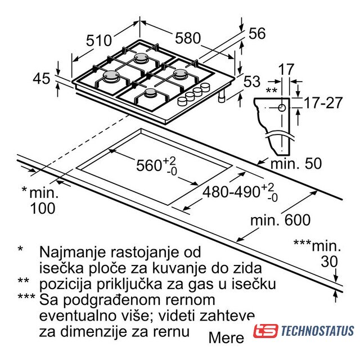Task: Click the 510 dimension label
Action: click(x=99, y=40)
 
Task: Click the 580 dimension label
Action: click(x=188, y=38)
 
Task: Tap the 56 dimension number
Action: click(x=257, y=33)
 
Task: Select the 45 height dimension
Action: click(x=41, y=79)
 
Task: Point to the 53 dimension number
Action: click(x=252, y=82)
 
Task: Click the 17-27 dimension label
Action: click(x=323, y=102)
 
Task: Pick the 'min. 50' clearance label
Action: click(x=296, y=164)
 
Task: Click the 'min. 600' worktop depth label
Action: click(x=280, y=220)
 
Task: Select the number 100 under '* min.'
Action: click(x=43, y=209)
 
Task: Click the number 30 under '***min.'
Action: click(x=329, y=261)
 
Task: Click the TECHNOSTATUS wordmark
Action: click(x=317, y=331)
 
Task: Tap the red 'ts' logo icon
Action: click(x=265, y=331)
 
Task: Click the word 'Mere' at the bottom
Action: click(x=226, y=338)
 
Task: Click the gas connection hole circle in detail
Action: click(x=282, y=107)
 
